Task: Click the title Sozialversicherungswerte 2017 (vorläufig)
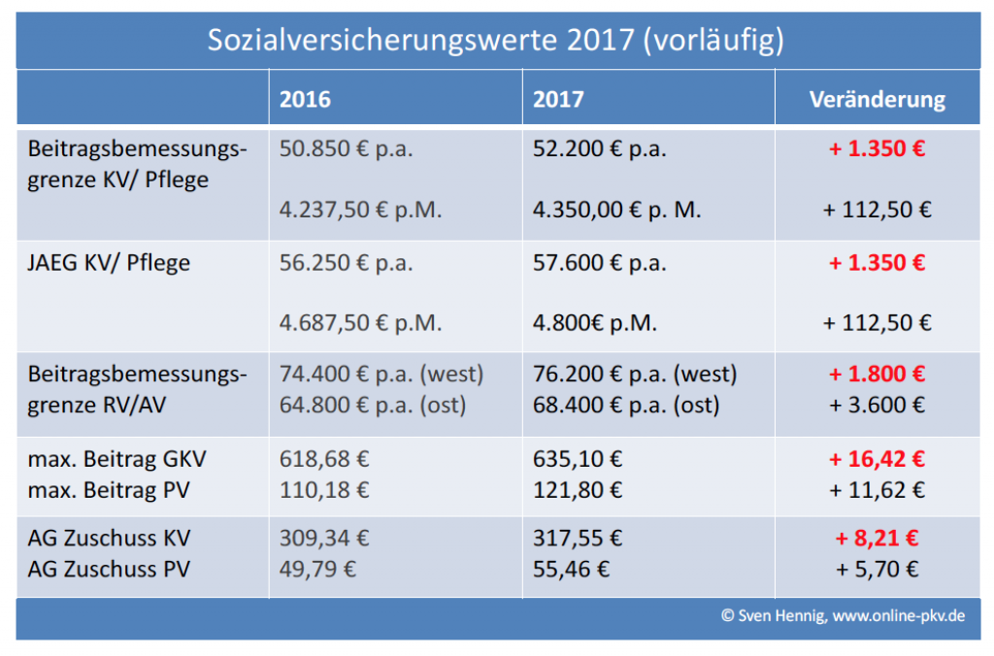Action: [x=496, y=41]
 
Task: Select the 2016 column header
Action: [x=305, y=100]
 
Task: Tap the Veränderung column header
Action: [x=877, y=100]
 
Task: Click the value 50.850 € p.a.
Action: [x=346, y=149]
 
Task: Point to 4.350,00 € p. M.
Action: [x=616, y=210]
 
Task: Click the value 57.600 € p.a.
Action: [x=600, y=263]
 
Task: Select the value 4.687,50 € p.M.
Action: [x=360, y=323]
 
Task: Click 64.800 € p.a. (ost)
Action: [x=373, y=405]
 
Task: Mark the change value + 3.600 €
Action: [x=877, y=405]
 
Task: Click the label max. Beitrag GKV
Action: [x=116, y=460]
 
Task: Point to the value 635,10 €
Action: [x=578, y=460]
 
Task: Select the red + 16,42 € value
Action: [x=877, y=460]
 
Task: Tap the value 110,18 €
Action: [x=324, y=490]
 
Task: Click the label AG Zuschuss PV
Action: [x=109, y=569]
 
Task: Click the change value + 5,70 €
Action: [x=877, y=569]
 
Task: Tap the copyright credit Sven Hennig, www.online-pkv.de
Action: [x=843, y=616]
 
